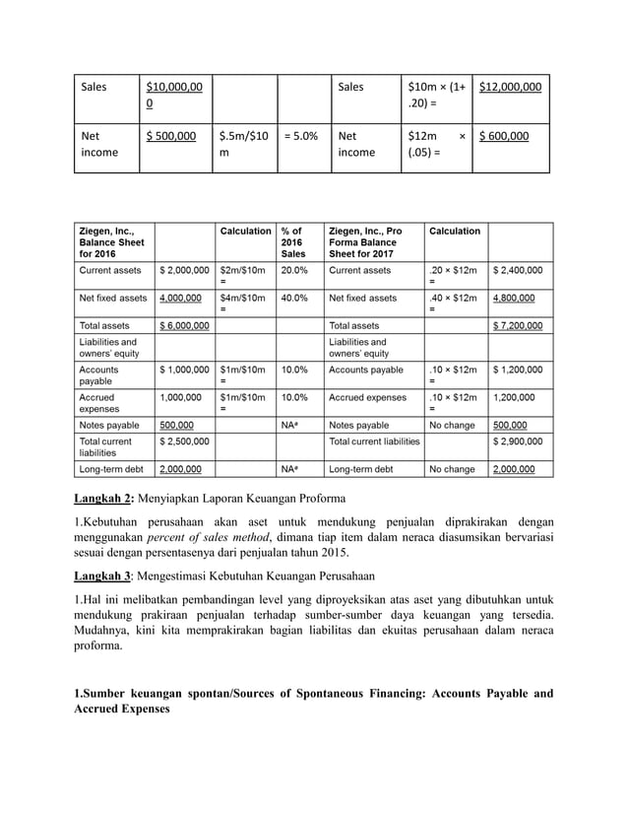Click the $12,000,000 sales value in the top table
510,87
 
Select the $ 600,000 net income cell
503,136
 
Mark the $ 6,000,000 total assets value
184,324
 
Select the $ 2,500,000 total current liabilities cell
184,441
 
